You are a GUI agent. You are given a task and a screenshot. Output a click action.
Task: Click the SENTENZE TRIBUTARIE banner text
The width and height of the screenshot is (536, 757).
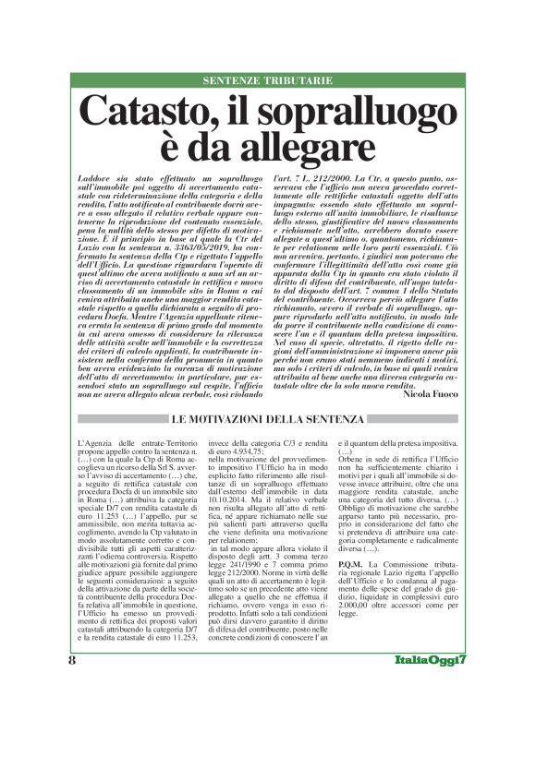[267, 81]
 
